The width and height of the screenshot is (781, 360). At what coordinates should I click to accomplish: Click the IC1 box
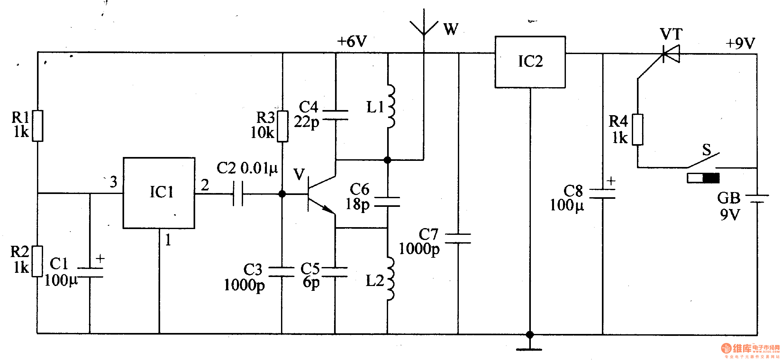tap(159, 193)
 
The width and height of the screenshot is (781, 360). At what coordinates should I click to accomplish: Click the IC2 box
tap(530, 62)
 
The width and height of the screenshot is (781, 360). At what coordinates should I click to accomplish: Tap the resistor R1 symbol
tap(38, 126)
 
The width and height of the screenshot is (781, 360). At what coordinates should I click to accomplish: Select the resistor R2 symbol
tap(37, 261)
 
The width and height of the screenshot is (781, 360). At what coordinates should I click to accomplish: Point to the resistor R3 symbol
tap(282, 126)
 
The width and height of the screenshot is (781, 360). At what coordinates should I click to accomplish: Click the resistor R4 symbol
tap(637, 129)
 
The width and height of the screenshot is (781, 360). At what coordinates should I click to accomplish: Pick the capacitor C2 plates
tap(238, 194)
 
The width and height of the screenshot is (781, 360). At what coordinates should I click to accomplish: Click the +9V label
tap(740, 43)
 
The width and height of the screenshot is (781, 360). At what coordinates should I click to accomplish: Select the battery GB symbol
tap(757, 199)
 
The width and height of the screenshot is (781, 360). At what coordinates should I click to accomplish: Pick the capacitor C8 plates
tap(602, 194)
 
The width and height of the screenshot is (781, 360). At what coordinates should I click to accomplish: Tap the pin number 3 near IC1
tap(113, 182)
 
